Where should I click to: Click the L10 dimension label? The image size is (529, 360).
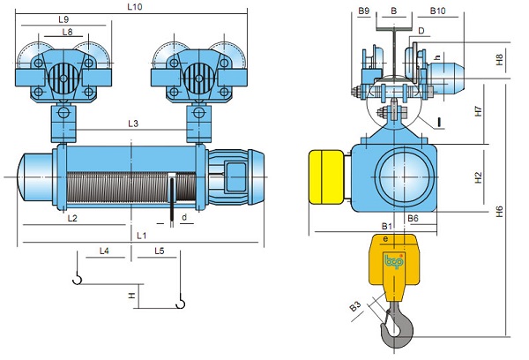tap(134, 6)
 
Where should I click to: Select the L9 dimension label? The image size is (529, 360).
tap(63, 19)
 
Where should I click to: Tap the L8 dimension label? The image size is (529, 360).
tap(67, 33)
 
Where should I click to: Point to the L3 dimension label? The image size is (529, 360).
tap(133, 124)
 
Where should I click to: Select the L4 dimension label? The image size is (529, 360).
tap(104, 251)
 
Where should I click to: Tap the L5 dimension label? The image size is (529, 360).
tap(160, 251)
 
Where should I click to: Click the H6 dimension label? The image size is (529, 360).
tap(500, 211)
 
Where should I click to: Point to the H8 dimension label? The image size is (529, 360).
tap(500, 60)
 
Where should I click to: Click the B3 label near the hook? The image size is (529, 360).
tap(355, 306)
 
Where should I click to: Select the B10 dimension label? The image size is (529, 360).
tap(438, 11)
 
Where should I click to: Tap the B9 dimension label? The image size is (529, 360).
tap(364, 11)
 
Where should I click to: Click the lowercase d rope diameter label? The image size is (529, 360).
tap(183, 216)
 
